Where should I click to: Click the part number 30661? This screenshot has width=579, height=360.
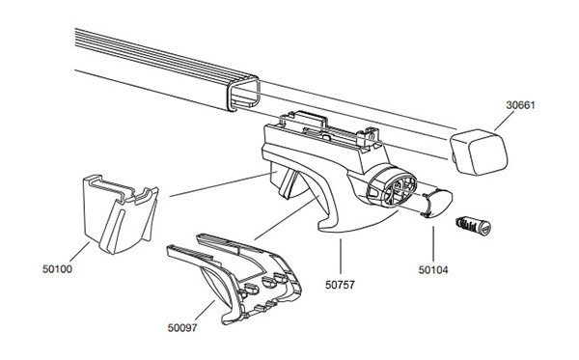[520, 105]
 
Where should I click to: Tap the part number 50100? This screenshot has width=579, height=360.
[57, 269]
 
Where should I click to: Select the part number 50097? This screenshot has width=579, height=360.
[182, 328]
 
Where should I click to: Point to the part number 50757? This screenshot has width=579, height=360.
[340, 285]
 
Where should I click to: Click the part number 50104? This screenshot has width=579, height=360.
[433, 270]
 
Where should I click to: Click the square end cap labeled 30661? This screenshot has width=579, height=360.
[479, 152]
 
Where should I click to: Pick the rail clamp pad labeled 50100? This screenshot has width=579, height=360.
[120, 213]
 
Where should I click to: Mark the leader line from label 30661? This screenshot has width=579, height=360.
[504, 121]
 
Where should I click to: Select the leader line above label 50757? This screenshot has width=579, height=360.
[340, 256]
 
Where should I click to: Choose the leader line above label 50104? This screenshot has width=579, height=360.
[433, 244]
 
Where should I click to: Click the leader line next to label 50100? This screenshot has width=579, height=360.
[79, 251]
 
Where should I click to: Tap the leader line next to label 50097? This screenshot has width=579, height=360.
[205, 310]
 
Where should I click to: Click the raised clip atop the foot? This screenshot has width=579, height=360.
[309, 120]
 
